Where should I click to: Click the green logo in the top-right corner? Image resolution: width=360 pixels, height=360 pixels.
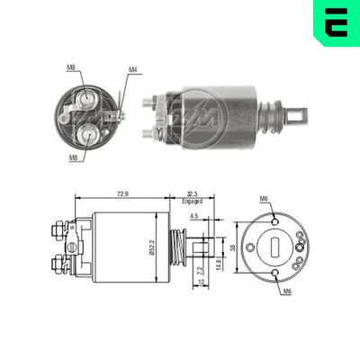click(x=336, y=22)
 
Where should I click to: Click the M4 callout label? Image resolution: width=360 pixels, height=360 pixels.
click(x=131, y=68)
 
